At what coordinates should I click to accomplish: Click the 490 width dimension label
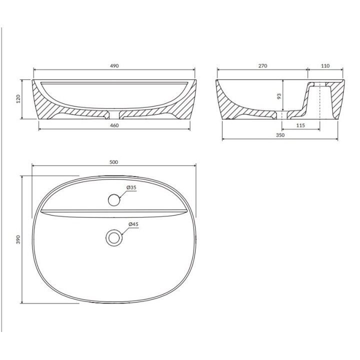tap(114, 66)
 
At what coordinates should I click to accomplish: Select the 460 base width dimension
tap(114, 125)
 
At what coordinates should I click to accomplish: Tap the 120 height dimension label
tap(18, 98)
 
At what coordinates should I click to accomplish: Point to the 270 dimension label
tap(262, 66)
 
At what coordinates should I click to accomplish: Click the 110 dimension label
tap(325, 66)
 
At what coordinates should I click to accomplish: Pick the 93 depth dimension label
tap(279, 96)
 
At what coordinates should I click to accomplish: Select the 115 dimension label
tap(300, 125)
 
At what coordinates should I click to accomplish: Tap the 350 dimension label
tap(280, 135)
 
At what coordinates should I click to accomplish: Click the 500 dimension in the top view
tap(113, 162)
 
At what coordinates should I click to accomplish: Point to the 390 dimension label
tap(18, 239)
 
